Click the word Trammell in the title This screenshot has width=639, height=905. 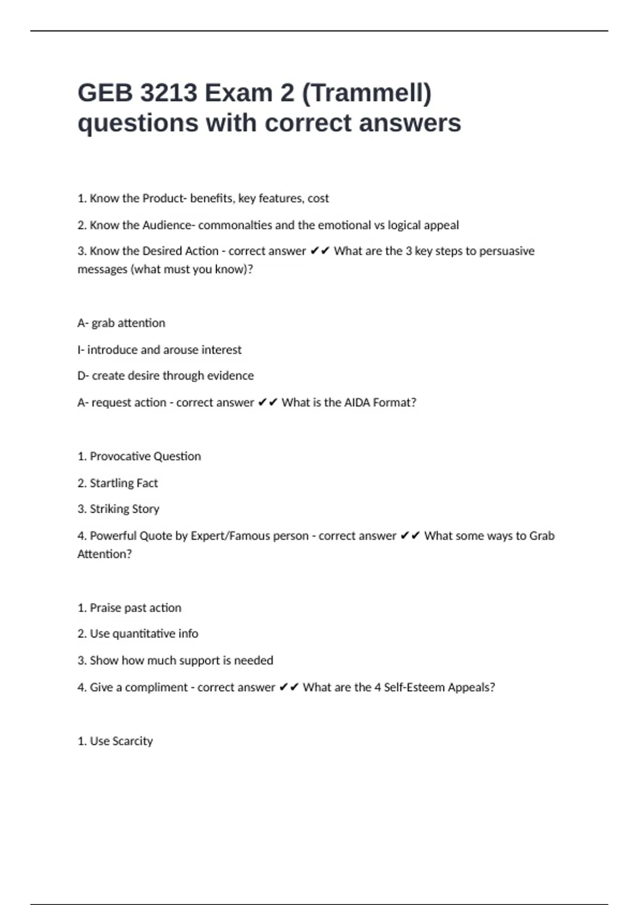point(367,94)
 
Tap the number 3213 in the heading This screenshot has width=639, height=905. point(168,93)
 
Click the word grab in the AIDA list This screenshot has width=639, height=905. point(103,323)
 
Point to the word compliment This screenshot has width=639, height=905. point(157,688)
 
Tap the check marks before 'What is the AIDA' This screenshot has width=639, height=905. point(267,403)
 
